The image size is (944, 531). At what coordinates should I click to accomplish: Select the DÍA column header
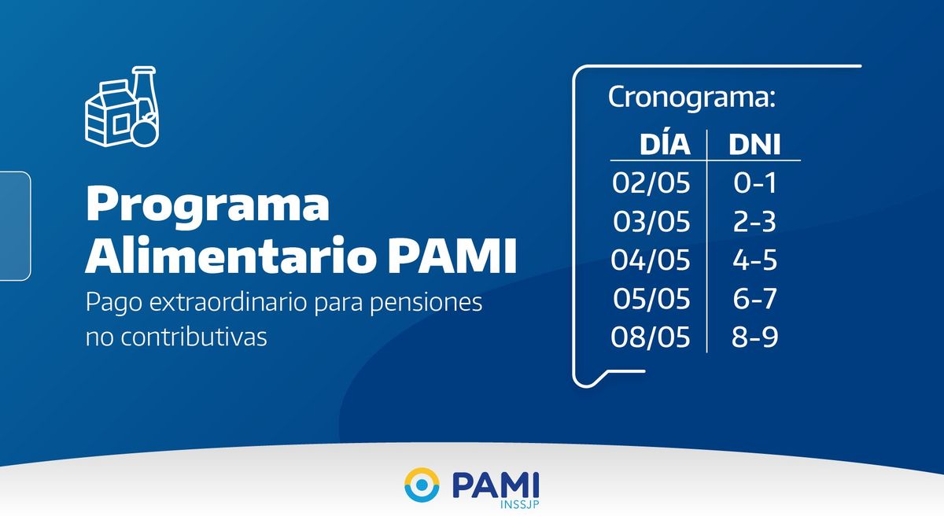665,144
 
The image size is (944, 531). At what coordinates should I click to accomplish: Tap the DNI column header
754,145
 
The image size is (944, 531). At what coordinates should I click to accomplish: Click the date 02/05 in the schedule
651,183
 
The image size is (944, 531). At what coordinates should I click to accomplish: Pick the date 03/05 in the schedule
651,222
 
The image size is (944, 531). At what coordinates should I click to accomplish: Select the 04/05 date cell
651,260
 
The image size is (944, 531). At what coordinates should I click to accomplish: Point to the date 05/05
651,298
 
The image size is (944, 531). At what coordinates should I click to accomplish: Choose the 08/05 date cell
651,337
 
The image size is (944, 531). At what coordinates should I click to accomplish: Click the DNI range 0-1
754,183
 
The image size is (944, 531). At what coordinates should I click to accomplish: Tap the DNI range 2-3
754,222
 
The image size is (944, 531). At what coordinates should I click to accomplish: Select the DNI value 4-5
754,260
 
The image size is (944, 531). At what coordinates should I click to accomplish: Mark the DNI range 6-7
754,298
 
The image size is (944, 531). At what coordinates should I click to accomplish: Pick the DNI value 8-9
754,337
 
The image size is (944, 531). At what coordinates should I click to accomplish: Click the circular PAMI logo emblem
422,485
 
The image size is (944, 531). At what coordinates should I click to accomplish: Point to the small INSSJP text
519,504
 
